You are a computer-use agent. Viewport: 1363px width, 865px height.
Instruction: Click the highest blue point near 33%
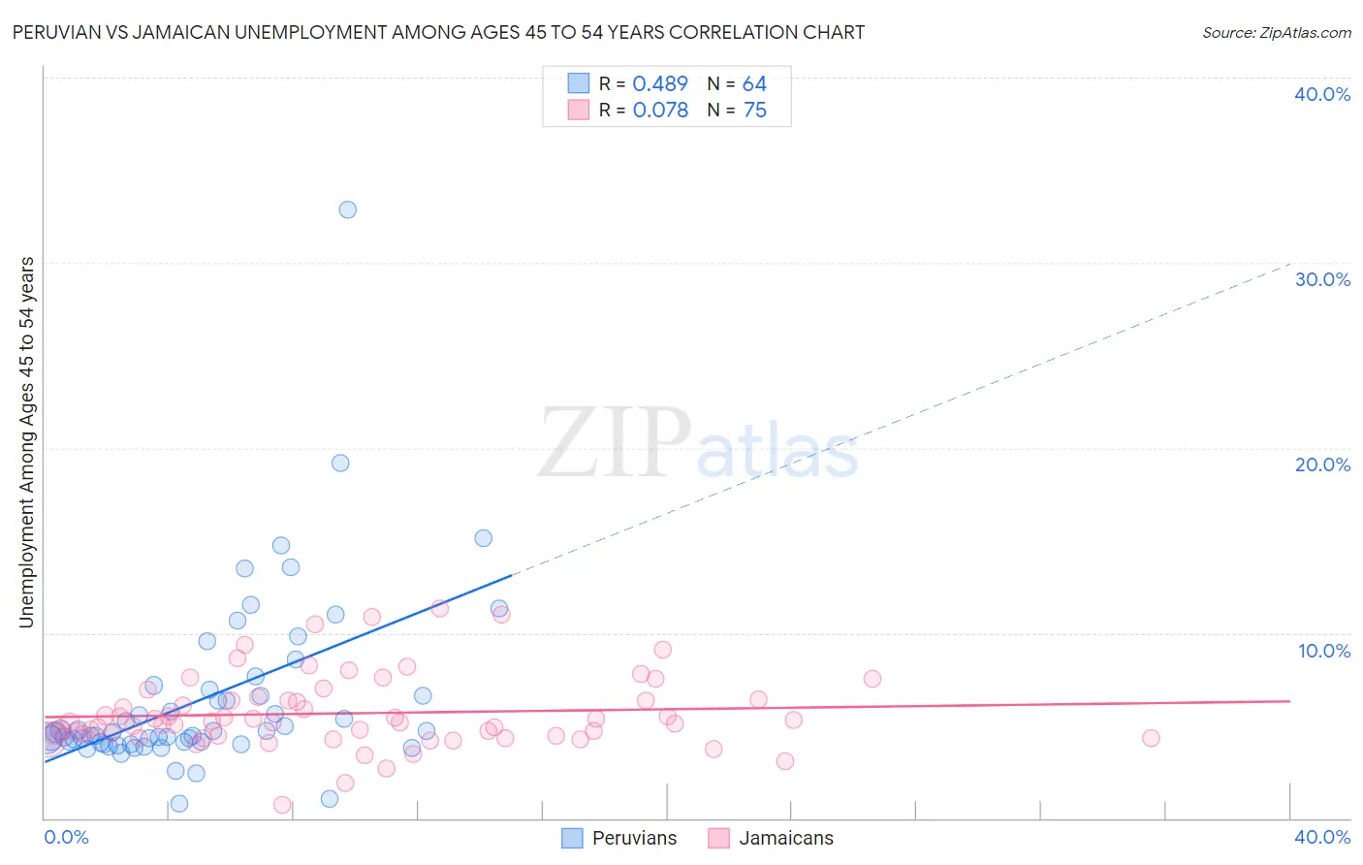(x=347, y=209)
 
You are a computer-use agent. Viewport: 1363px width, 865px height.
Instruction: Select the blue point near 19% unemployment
(x=340, y=463)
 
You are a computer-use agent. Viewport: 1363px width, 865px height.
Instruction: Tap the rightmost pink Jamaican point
(x=1151, y=738)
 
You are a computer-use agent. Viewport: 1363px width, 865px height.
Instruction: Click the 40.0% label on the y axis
(x=1322, y=94)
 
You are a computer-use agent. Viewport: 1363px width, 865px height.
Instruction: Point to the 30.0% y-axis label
(x=1322, y=279)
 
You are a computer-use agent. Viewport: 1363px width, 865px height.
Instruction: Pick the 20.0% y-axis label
(x=1322, y=465)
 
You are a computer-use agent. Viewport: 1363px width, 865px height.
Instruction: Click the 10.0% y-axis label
(x=1324, y=651)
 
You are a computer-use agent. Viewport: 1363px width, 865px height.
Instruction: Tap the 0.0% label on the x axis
(x=66, y=837)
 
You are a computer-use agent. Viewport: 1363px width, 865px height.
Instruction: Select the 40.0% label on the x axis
(x=1322, y=837)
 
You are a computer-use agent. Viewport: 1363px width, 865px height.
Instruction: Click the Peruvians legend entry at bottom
(x=634, y=838)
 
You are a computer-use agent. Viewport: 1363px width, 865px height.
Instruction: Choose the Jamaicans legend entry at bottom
(x=786, y=838)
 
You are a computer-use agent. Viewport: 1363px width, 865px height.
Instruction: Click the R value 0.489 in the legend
(x=659, y=84)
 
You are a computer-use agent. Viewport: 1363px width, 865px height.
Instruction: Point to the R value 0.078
(x=659, y=111)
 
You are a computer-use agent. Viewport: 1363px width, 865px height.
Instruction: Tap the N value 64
(x=754, y=84)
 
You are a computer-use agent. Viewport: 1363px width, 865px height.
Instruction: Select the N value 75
(x=754, y=111)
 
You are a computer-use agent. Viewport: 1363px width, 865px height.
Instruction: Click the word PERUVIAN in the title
(x=55, y=32)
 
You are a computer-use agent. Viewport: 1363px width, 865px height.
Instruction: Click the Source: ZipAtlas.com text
(x=1276, y=32)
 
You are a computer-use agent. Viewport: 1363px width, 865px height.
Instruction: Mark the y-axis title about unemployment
(x=26, y=442)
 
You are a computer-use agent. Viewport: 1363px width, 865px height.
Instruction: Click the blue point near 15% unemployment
(x=483, y=538)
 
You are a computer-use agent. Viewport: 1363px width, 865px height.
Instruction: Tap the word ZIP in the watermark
(x=614, y=444)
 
